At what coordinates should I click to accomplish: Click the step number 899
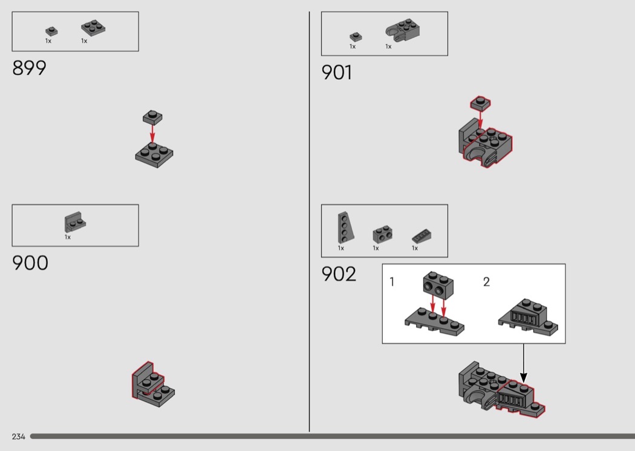click(29, 68)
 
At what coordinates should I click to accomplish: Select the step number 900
click(30, 263)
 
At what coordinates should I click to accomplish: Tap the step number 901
click(336, 73)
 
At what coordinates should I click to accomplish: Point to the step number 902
click(339, 274)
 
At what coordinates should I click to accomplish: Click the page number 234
click(19, 436)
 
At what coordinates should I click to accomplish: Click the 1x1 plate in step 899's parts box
click(51, 31)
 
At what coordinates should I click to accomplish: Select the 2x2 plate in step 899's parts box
click(93, 28)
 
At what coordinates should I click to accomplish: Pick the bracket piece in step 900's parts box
click(75, 222)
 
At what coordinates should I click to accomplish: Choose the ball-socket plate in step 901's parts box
click(402, 30)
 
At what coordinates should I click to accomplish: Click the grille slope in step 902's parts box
click(421, 236)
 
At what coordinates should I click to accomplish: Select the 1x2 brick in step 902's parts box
click(382, 235)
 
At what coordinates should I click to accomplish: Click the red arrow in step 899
click(152, 133)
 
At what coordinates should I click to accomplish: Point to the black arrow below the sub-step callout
click(524, 363)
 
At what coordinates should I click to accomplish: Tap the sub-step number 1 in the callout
click(392, 282)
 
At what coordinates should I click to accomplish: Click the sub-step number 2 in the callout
click(486, 282)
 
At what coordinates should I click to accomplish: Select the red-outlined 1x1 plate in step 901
click(480, 103)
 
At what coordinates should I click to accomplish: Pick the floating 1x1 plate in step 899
click(152, 117)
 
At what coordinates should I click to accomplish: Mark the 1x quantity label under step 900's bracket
click(68, 237)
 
